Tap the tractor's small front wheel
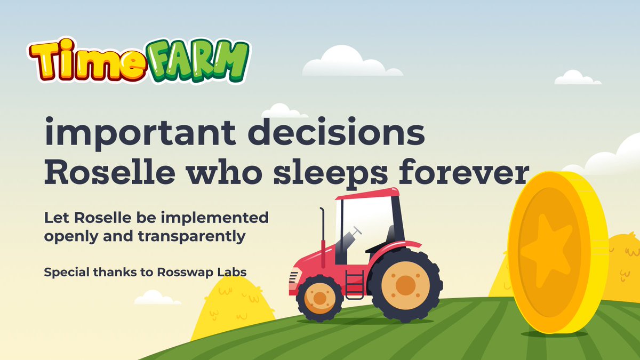pos(319,298)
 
